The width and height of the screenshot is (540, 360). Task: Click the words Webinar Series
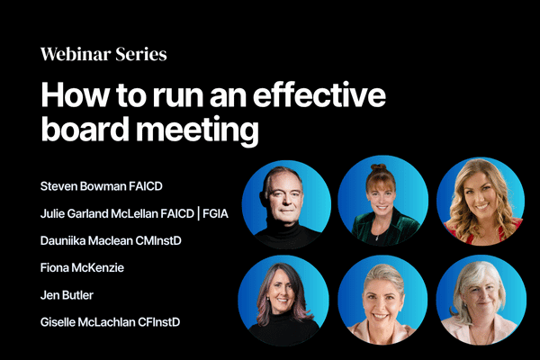coord(103,54)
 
